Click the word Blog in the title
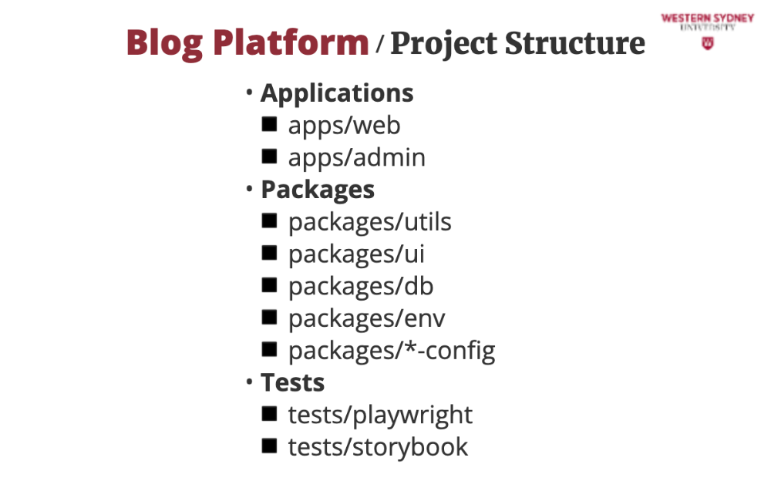click(164, 44)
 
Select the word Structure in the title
click(575, 43)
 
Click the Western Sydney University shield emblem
click(707, 43)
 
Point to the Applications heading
click(337, 93)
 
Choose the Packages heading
click(318, 190)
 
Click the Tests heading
click(292, 382)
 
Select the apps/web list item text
click(344, 126)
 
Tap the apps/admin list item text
click(356, 158)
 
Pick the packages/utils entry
click(370, 222)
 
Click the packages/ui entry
click(356, 255)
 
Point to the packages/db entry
click(361, 287)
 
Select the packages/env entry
click(367, 319)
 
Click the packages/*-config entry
click(392, 351)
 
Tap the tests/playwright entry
click(380, 415)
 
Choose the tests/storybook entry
click(378, 448)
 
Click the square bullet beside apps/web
click(269, 124)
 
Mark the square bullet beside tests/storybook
click(269, 446)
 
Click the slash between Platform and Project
click(379, 44)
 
